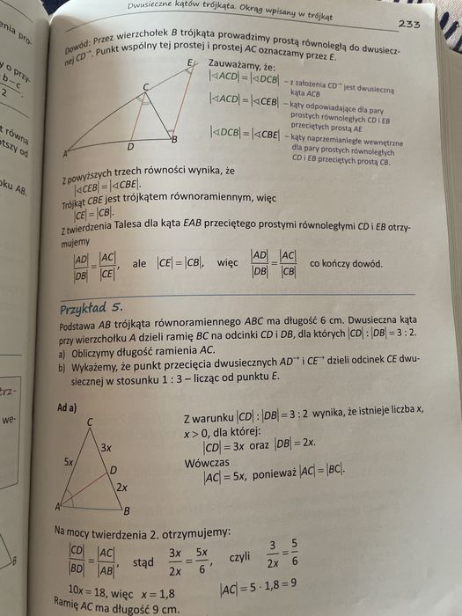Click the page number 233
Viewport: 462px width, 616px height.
tap(408, 24)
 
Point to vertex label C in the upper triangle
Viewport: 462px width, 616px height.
tap(146, 85)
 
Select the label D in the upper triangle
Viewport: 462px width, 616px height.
tap(130, 147)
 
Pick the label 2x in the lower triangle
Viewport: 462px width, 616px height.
tap(121, 486)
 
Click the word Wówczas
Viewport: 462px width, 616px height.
tap(209, 463)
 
